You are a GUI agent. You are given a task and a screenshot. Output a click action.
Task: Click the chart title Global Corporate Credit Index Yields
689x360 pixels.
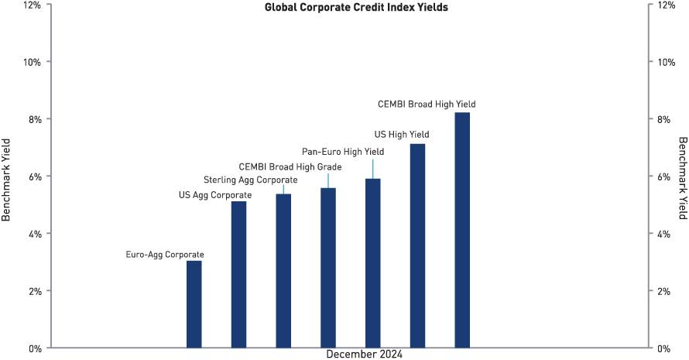coord(357,9)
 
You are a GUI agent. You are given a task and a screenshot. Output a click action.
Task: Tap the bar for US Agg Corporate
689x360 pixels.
coord(238,274)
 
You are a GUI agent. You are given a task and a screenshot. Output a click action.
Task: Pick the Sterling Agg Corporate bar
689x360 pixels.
coord(283,271)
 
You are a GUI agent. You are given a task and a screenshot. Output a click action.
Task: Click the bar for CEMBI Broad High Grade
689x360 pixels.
coord(328,268)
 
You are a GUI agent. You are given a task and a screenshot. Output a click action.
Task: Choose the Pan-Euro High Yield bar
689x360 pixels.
coord(373,263)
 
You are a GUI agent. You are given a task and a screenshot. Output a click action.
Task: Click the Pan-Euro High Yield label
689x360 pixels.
coord(342,152)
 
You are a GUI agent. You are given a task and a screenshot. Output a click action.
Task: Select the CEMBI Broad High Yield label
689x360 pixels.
coord(427,104)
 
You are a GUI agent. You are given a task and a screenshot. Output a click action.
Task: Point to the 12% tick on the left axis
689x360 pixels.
coord(33,5)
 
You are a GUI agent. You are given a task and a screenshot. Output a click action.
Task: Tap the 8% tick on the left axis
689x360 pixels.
coord(35,119)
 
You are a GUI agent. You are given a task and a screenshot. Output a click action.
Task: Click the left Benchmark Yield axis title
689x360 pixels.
coord(7,180)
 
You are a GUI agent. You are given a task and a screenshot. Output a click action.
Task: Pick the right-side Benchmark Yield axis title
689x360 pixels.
coord(682,180)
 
